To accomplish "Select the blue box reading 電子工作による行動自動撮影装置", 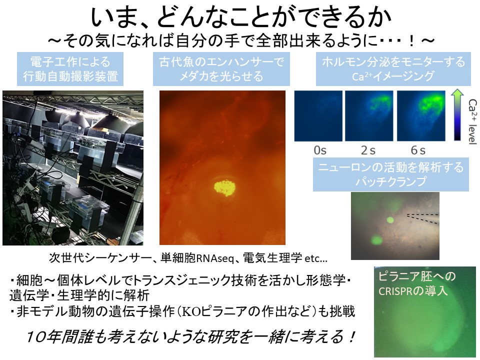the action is (x=70, y=69).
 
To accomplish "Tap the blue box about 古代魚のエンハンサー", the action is (x=221, y=69).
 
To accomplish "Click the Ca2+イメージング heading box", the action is (x=393, y=69).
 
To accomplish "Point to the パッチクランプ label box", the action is (x=391, y=174).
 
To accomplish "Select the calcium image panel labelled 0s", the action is (x=318, y=115).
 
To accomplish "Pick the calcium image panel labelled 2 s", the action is (x=369, y=115).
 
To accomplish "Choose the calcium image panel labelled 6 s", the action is (x=421, y=115).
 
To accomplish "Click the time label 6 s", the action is (x=418, y=150).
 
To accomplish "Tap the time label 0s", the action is (x=320, y=150).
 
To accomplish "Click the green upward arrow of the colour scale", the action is (x=457, y=114).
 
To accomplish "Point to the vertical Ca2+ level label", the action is (x=472, y=121).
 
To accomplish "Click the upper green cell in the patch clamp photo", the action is (x=390, y=220).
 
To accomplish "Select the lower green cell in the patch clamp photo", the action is (x=375, y=239).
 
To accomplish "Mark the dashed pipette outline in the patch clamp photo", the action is (x=423, y=218).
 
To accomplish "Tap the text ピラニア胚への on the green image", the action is (x=416, y=276).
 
